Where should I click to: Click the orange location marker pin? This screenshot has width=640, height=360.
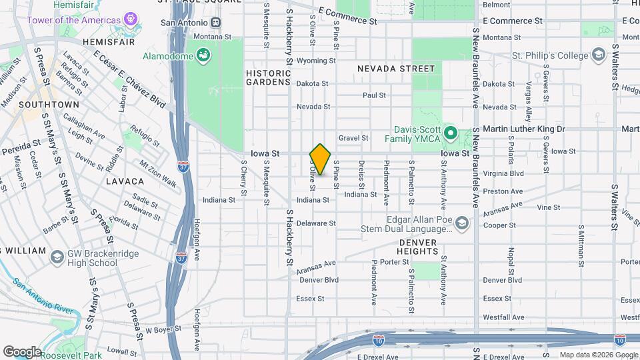pyautogui.click(x=321, y=159)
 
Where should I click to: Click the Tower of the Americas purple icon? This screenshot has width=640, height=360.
pyautogui.click(x=131, y=19)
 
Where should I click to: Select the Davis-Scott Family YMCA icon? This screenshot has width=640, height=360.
pyautogui.click(x=450, y=134)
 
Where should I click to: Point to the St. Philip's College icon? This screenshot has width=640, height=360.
pyautogui.click(x=598, y=55)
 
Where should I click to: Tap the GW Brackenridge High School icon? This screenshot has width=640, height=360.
pyautogui.click(x=57, y=257)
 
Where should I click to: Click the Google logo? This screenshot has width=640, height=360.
pyautogui.click(x=22, y=351)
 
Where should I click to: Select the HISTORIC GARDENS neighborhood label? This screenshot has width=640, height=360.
pyautogui.click(x=268, y=77)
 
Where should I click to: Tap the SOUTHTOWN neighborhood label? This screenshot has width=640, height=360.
pyautogui.click(x=49, y=105)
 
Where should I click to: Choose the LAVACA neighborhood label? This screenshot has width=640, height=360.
pyautogui.click(x=125, y=181)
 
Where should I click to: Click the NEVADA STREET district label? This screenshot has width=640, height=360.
pyautogui.click(x=395, y=69)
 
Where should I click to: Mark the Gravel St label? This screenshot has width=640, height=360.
pyautogui.click(x=353, y=138)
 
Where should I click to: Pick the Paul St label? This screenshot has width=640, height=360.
pyautogui.click(x=374, y=95)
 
